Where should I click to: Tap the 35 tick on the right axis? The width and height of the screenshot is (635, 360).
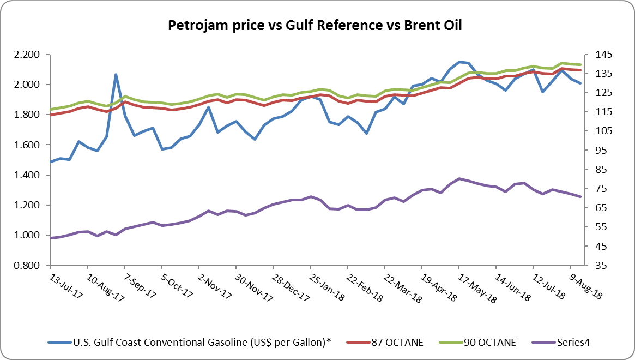[594, 266]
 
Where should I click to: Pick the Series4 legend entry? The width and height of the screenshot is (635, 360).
[571, 343]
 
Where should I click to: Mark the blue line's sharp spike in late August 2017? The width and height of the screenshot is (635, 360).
[116, 75]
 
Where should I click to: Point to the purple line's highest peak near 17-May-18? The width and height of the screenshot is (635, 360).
[459, 178]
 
